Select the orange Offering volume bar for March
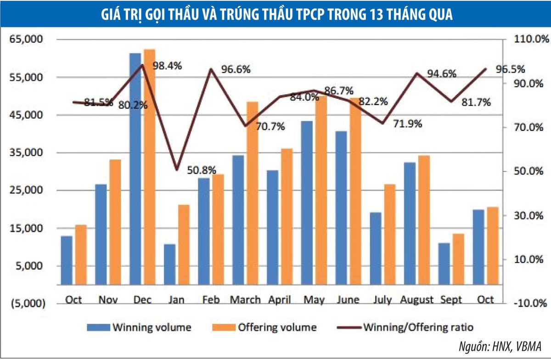pos(253,193)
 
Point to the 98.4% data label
pos(167,66)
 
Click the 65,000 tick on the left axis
pos(26,40)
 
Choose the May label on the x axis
pos(315,300)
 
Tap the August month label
pos(416,300)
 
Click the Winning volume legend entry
pos(139,327)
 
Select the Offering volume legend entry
pos(264,327)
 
